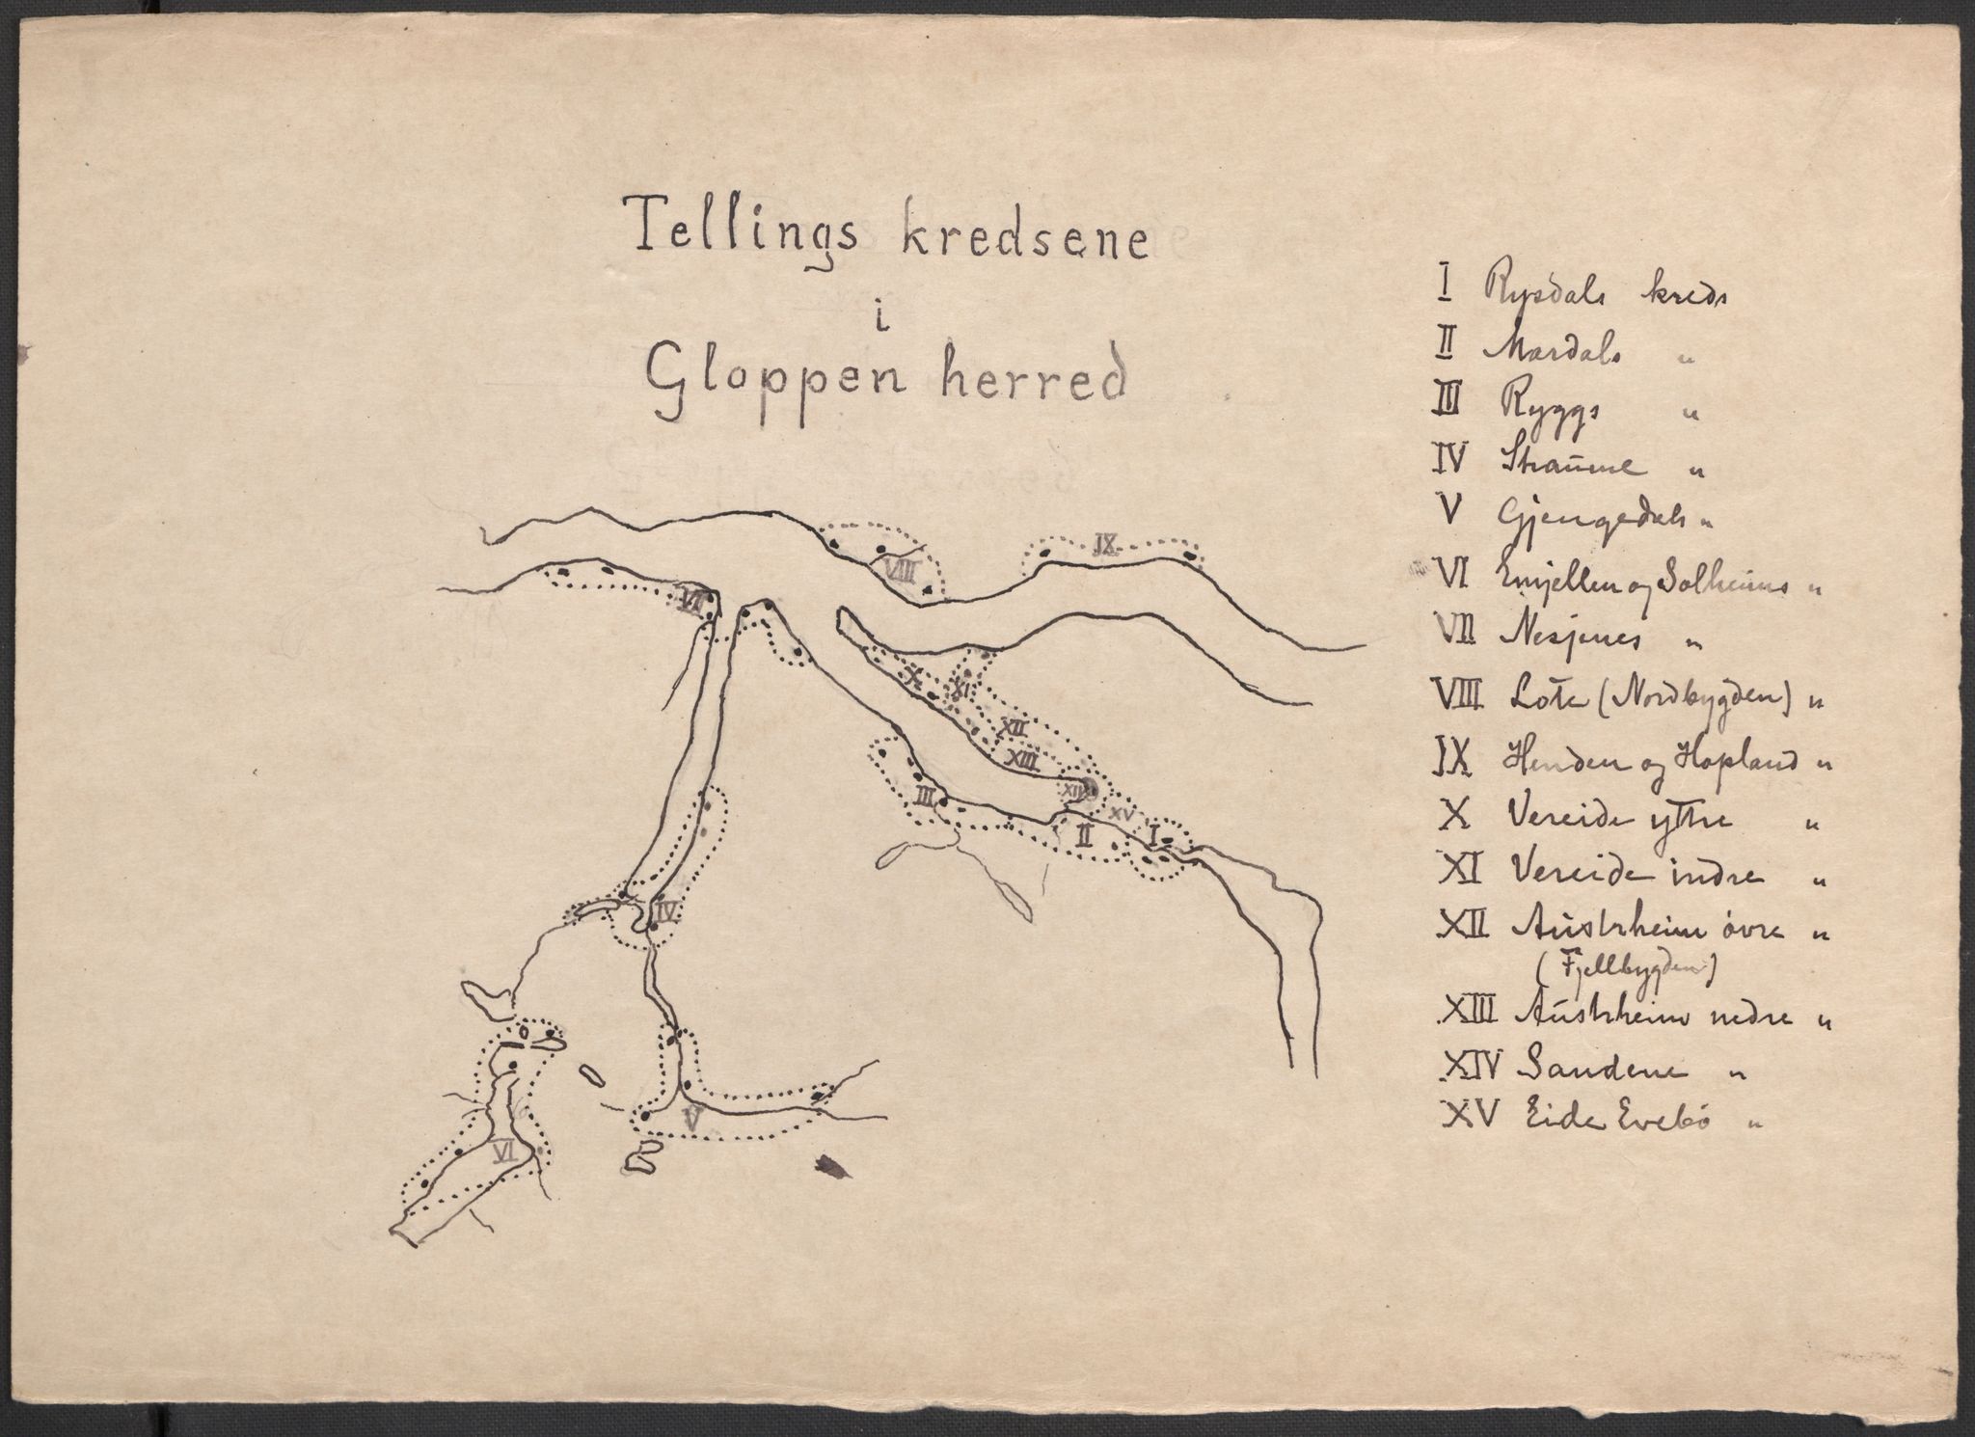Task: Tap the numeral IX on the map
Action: (1105, 548)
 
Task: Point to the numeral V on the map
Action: (690, 1118)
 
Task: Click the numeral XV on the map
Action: (1120, 814)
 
